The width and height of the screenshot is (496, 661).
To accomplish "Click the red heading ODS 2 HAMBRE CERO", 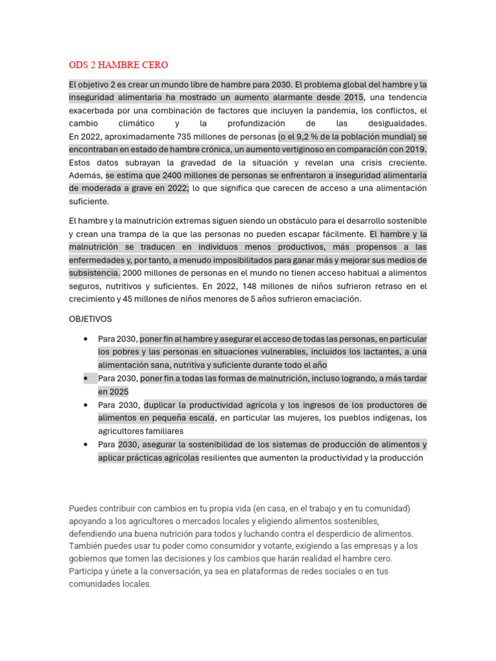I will [118, 65].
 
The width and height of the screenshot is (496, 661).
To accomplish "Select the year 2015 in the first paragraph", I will [353, 97].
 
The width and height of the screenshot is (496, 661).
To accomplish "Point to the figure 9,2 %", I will [304, 136].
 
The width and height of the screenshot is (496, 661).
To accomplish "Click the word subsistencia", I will [94, 272].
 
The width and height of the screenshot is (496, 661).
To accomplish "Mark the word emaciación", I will [336, 299].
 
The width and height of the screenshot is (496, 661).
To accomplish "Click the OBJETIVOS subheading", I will [90, 319].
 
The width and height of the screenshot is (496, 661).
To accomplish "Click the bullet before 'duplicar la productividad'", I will [86, 405].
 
